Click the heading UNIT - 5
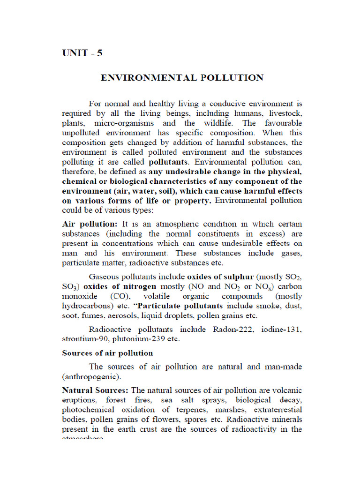point(82,53)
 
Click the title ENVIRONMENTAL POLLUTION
point(182,78)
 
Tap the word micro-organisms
point(124,123)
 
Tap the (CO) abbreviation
point(121,296)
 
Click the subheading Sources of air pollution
point(107,353)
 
